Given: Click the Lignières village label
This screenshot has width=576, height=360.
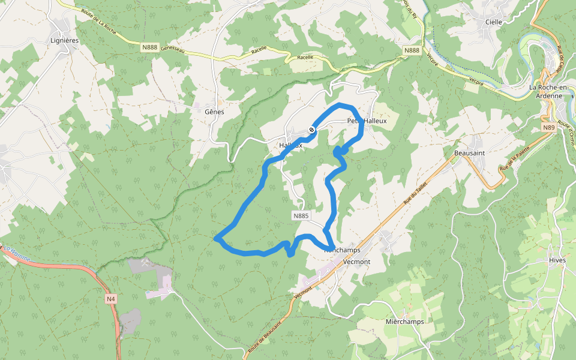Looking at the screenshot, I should pyautogui.click(x=65, y=40).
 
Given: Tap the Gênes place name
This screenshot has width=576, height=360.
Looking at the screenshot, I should pyautogui.click(x=214, y=112).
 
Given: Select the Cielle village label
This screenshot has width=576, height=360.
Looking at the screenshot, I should pyautogui.click(x=493, y=22).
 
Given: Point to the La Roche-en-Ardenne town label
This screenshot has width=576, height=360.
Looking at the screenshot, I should pyautogui.click(x=545, y=91).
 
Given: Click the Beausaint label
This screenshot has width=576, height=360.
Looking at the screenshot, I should pyautogui.click(x=469, y=153).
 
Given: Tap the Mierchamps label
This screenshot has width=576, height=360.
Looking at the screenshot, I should pyautogui.click(x=404, y=321).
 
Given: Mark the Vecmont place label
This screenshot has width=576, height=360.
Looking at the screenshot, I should pyautogui.click(x=358, y=262).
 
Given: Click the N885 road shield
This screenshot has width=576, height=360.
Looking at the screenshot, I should pyautogui.click(x=301, y=215).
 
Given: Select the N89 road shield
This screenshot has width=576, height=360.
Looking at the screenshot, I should pyautogui.click(x=548, y=127).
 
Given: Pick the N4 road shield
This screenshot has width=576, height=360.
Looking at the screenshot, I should pyautogui.click(x=110, y=298).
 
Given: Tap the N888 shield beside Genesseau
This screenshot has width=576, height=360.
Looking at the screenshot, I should pyautogui.click(x=150, y=47).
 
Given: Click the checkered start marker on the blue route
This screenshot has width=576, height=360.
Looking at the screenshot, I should pyautogui.click(x=312, y=130).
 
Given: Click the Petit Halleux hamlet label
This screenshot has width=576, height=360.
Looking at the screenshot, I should pyautogui.click(x=367, y=121).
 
